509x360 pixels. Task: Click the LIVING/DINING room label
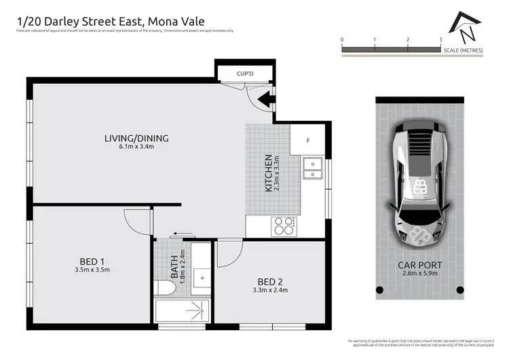(136, 139)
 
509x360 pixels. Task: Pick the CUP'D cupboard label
(245, 73)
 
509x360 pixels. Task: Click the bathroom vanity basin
(201, 277)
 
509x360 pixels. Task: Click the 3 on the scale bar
(440, 40)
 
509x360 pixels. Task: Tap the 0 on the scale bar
(342, 40)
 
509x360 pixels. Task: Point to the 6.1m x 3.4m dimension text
(136, 147)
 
